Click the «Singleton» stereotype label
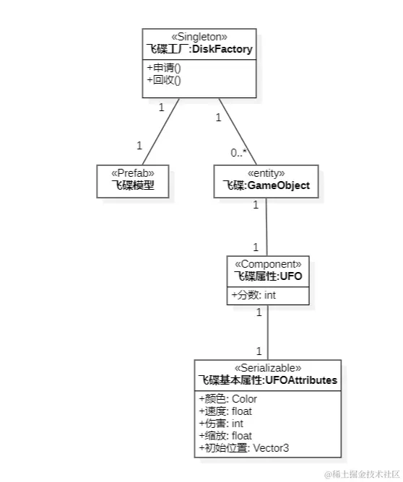tap(199, 36)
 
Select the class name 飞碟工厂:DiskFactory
tap(199, 48)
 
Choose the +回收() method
tap(164, 79)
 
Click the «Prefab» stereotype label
tap(133, 173)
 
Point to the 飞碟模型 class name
tap(133, 185)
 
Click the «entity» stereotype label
tap(266, 173)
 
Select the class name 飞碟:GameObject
tap(266, 185)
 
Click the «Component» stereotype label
tap(268, 263)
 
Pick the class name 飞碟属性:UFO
tap(268, 276)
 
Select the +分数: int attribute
tap(253, 294)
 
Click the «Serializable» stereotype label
tap(268, 367)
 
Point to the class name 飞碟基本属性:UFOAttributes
tap(268, 380)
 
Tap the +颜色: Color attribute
tap(228, 398)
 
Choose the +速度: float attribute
tap(225, 411)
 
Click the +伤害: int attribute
tap(222, 423)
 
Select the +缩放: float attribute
tap(225, 435)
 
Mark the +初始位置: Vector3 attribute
tap(244, 448)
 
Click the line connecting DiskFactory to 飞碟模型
tap(160, 131)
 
